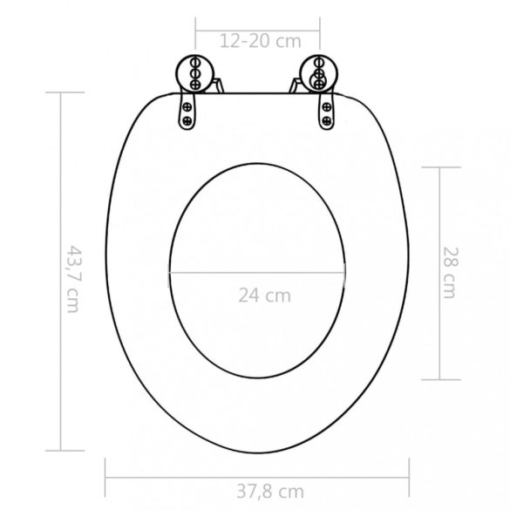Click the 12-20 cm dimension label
click(x=259, y=40)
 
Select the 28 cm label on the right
click(x=448, y=273)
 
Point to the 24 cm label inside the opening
click(x=264, y=295)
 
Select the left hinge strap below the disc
click(x=188, y=109)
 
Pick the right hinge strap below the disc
click(x=325, y=109)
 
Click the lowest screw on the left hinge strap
click(x=187, y=120)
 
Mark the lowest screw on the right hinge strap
click(x=326, y=120)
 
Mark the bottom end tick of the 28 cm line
click(x=438, y=379)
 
